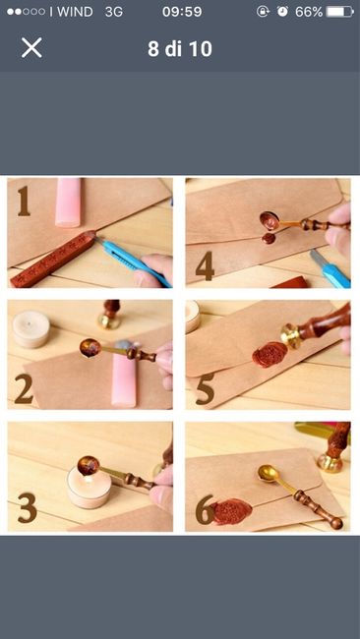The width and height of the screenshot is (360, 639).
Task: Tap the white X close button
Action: (x=31, y=48)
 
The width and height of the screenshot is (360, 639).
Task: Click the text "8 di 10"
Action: (x=180, y=49)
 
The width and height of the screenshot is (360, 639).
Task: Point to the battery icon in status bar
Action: (x=340, y=12)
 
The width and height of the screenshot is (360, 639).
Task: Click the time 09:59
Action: (x=182, y=12)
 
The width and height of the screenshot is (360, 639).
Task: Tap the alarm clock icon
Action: (x=282, y=12)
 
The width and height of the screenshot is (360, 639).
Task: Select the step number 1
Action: (x=24, y=201)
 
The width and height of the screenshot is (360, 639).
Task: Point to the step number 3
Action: (x=27, y=508)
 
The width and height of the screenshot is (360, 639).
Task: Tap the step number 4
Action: (x=205, y=265)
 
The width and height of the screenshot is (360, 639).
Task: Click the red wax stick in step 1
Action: (x=53, y=259)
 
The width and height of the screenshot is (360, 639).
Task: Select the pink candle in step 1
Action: (x=68, y=203)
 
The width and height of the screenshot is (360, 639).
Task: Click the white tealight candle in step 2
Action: (x=30, y=328)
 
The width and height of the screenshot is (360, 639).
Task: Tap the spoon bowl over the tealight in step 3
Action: (x=89, y=465)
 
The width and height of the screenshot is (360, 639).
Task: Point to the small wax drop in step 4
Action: (x=268, y=239)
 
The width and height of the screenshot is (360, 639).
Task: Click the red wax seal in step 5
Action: (x=270, y=354)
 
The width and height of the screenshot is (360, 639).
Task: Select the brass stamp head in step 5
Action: (x=291, y=336)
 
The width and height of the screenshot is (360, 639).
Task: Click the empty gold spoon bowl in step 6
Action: (x=269, y=475)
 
